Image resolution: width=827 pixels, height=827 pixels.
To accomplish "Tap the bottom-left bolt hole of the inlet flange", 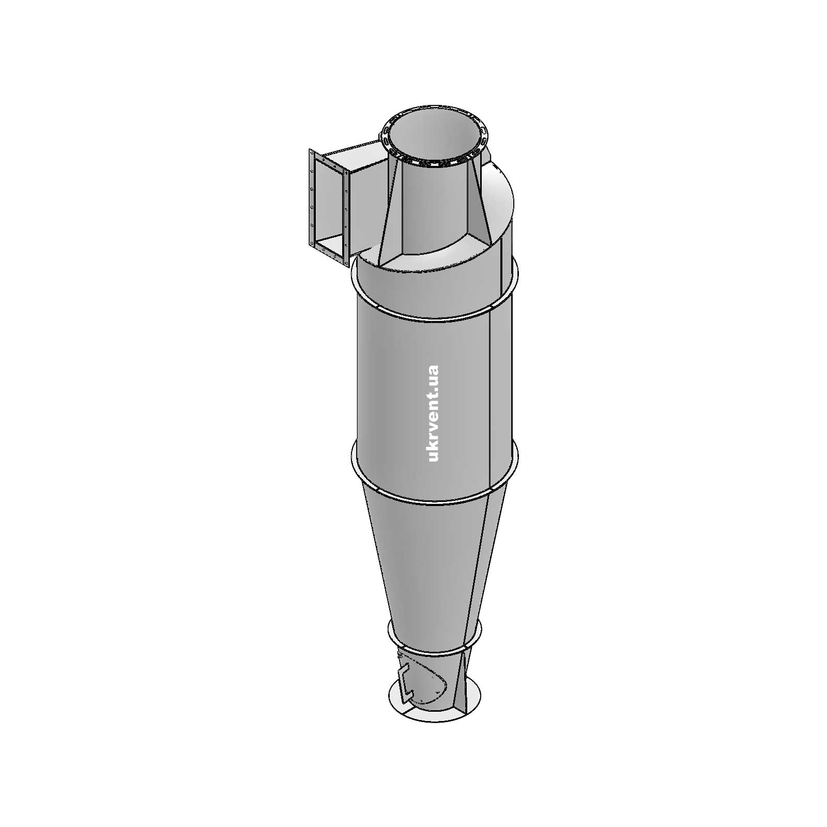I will coord(311,243).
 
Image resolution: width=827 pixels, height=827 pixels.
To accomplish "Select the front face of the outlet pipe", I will coord(434,207).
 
